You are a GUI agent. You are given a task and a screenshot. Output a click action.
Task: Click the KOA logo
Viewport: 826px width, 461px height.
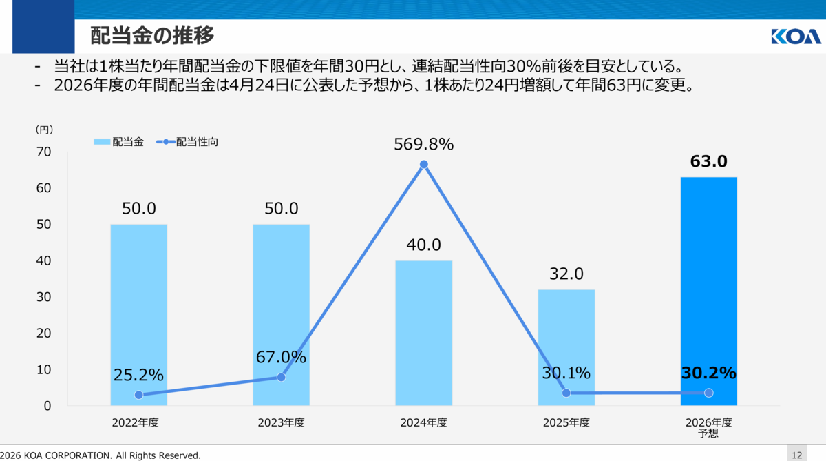pyautogui.click(x=796, y=37)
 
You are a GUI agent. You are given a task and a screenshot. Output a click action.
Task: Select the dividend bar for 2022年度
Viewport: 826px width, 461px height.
pyautogui.click(x=138, y=315)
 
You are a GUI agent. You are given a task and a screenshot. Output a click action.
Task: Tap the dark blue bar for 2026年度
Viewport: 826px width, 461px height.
pyautogui.click(x=709, y=291)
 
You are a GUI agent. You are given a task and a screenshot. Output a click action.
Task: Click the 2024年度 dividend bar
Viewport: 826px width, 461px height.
pyautogui.click(x=424, y=333)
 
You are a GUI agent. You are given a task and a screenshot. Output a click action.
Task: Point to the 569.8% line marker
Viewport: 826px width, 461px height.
pyautogui.click(x=424, y=164)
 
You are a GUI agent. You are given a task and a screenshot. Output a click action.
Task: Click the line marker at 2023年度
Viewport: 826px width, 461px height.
pyautogui.click(x=281, y=377)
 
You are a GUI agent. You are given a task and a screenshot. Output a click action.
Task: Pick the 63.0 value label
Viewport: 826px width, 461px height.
pyautogui.click(x=708, y=161)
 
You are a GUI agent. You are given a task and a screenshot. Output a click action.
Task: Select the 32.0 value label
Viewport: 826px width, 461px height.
pyautogui.click(x=566, y=274)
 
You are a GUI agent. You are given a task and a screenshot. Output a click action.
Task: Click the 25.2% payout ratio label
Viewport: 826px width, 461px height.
pyautogui.click(x=138, y=375)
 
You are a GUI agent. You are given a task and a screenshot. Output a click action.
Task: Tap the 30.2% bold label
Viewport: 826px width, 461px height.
pyautogui.click(x=708, y=373)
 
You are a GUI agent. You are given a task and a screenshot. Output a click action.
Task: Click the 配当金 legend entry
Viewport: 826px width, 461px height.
pyautogui.click(x=118, y=142)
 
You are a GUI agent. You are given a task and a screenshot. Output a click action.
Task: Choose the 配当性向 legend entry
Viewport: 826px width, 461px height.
pyautogui.click(x=187, y=142)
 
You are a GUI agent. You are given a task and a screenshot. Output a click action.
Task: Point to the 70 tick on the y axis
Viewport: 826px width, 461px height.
pyautogui.click(x=43, y=152)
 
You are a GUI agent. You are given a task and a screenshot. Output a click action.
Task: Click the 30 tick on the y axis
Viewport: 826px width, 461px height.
pyautogui.click(x=43, y=297)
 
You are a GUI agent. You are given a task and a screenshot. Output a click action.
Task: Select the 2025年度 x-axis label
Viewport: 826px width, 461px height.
pyautogui.click(x=566, y=422)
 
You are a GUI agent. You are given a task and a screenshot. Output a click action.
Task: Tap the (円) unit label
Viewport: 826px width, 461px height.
pyautogui.click(x=44, y=130)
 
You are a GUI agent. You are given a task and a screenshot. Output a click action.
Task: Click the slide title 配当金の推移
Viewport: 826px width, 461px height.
pyautogui.click(x=152, y=35)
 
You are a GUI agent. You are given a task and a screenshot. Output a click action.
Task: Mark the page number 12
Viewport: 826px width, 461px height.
pyautogui.click(x=797, y=455)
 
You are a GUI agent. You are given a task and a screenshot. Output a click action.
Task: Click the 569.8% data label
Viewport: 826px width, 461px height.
pyautogui.click(x=424, y=144)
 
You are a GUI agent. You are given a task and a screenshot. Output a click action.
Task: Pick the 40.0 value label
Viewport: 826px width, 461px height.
pyautogui.click(x=424, y=245)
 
